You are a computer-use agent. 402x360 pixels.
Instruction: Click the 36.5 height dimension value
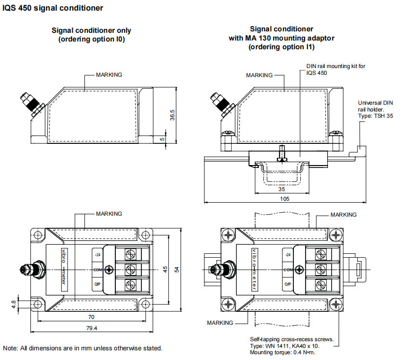[x=172, y=115]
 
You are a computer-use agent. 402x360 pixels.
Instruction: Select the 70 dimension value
[x=91, y=317]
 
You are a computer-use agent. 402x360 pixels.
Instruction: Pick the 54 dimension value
[x=177, y=270]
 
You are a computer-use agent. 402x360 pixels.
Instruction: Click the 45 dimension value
[x=166, y=270]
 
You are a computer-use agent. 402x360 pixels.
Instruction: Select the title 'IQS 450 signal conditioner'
[x=53, y=8]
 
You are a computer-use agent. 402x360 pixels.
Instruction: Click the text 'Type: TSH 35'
[x=375, y=116]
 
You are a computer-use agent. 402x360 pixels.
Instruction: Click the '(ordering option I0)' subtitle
[x=92, y=39]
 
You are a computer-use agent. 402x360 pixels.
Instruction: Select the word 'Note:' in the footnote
[x=11, y=348]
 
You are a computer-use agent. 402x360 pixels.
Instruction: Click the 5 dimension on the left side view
[x=163, y=139]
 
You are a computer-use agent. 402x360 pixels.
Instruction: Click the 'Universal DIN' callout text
[x=375, y=102]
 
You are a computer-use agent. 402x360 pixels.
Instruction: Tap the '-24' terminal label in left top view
[x=97, y=254]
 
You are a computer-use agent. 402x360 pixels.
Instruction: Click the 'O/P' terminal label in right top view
[x=287, y=284]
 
